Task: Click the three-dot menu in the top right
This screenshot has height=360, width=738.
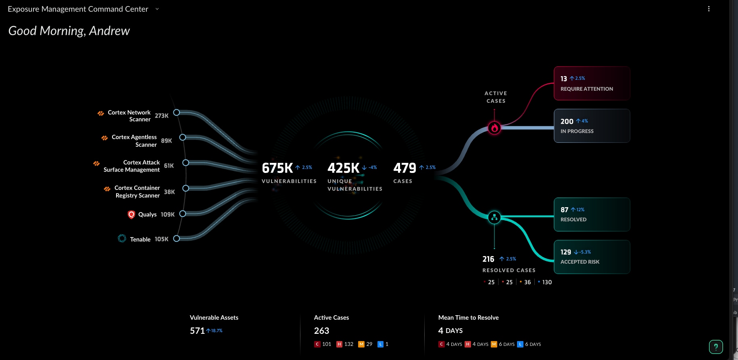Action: (709, 9)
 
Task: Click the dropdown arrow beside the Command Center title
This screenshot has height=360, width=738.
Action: (157, 9)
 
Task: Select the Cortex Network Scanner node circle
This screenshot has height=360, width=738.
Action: (176, 112)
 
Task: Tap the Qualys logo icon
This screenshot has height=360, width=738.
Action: (131, 214)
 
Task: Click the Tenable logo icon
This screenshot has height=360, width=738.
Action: (122, 239)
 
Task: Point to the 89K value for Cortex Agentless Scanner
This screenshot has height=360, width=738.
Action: (166, 141)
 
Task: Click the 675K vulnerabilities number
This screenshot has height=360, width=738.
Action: (277, 168)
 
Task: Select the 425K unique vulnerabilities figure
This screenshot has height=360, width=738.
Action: (343, 168)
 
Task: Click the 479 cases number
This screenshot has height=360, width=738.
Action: (404, 168)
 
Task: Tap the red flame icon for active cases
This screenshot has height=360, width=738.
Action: (494, 128)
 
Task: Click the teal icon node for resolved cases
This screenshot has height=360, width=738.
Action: (494, 217)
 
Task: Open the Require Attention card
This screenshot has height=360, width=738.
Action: (592, 83)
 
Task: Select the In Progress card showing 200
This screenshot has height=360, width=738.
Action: (592, 126)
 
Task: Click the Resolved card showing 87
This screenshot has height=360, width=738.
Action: (592, 214)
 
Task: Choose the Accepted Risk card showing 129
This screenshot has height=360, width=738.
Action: (592, 257)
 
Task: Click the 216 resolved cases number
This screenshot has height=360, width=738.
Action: (488, 259)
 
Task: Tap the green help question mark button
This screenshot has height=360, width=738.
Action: (716, 347)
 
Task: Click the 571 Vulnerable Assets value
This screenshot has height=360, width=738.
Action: (197, 331)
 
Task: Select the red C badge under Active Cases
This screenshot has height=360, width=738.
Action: (317, 344)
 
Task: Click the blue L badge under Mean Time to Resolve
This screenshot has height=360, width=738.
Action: (520, 344)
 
